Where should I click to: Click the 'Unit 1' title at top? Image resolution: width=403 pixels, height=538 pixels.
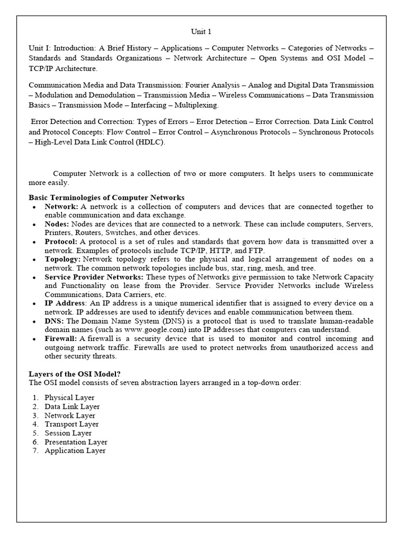pos(201,32)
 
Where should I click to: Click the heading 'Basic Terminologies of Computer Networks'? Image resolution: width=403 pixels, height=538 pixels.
pos(107,198)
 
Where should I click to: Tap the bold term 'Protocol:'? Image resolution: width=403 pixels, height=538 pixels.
pos(62,242)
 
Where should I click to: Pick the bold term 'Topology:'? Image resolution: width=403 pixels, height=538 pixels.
pos(62,259)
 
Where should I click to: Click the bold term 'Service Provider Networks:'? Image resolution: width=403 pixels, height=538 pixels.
pos(94,277)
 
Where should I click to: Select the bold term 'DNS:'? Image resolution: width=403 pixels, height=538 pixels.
pos(54,321)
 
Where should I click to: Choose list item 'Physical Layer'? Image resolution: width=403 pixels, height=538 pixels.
pos(69,398)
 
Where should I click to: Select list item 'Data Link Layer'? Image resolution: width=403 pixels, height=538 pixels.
pos(72,407)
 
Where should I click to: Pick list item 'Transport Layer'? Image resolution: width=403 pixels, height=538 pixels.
pos(71,424)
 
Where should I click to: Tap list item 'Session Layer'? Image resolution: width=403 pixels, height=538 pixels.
pos(68,433)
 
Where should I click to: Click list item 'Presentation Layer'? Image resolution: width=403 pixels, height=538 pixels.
pos(76,442)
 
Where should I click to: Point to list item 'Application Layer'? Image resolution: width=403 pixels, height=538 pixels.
pos(75,451)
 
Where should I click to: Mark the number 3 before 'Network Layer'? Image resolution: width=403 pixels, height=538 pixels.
pos(35,416)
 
